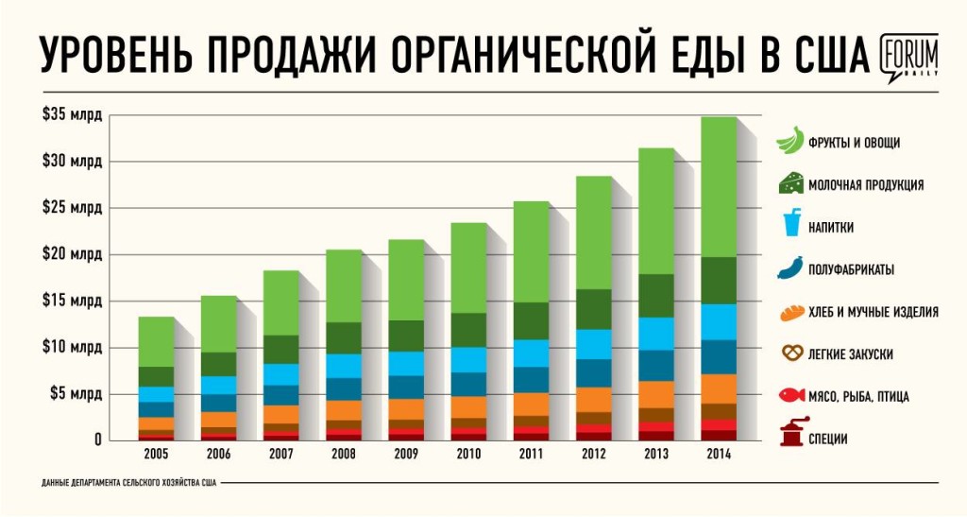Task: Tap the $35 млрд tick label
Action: click(x=72, y=114)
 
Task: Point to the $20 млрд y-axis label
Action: click(x=72, y=253)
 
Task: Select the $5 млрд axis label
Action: click(x=76, y=393)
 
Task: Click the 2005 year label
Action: click(x=156, y=454)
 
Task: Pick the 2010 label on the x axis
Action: click(x=468, y=454)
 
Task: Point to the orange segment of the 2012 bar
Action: click(x=593, y=399)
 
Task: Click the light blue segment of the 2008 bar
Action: click(x=343, y=366)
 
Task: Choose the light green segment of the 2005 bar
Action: click(x=156, y=341)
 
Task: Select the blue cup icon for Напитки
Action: click(x=790, y=226)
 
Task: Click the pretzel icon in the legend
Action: click(x=790, y=353)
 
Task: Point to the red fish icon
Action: click(x=790, y=396)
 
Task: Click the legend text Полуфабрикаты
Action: click(x=851, y=269)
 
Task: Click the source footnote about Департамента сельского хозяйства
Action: click(x=129, y=483)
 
